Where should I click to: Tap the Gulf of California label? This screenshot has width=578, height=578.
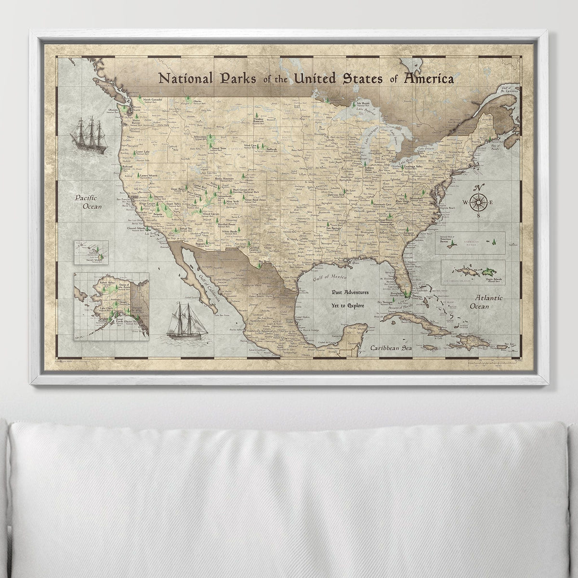click(x=206, y=289)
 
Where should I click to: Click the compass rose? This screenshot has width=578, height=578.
click(x=478, y=202)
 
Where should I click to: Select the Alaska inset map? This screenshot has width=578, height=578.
click(x=111, y=306)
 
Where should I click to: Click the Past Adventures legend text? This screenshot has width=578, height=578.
click(x=350, y=292)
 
